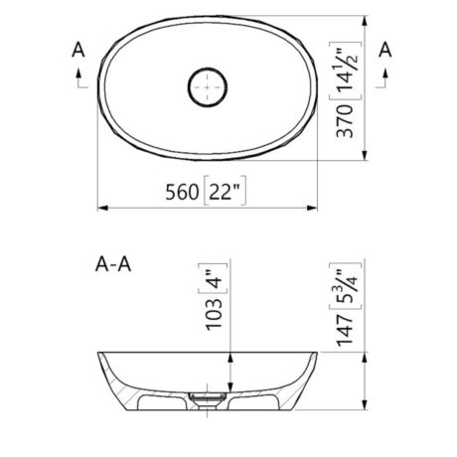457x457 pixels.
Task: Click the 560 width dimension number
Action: tap(182, 192)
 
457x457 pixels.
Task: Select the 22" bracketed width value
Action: tap(225, 191)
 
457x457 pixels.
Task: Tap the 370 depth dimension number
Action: tap(345, 120)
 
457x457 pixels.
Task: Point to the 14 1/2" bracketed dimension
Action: tap(345, 71)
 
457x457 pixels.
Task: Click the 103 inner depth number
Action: tap(214, 314)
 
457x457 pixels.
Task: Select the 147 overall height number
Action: tap(345, 331)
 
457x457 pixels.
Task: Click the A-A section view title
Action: tap(113, 265)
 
